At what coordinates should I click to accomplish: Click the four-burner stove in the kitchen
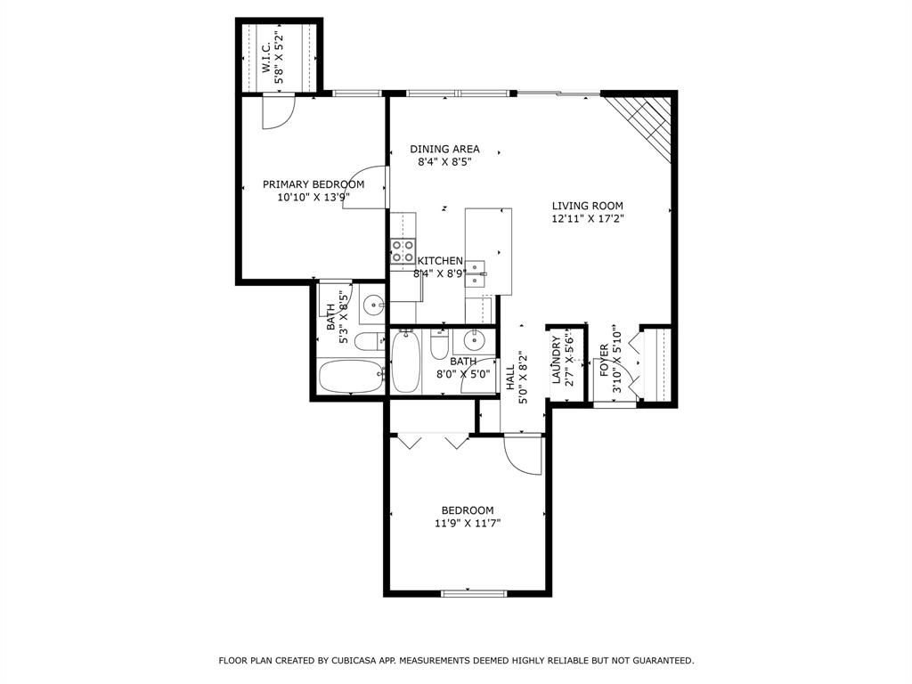[x=403, y=251]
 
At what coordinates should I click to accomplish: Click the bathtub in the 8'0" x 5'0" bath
[x=405, y=361]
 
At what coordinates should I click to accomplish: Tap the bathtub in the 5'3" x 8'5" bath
[x=349, y=378]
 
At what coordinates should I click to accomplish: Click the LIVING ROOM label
[x=587, y=206]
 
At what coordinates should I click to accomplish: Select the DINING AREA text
[x=444, y=149]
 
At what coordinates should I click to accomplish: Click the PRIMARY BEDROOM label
[x=313, y=184]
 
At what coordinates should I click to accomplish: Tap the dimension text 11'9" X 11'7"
[x=468, y=524]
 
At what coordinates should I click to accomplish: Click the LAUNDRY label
[x=556, y=360]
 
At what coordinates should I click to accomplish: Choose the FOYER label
[x=604, y=360]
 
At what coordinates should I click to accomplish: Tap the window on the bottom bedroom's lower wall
[x=474, y=593]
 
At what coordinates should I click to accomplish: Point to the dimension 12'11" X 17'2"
[x=587, y=218]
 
